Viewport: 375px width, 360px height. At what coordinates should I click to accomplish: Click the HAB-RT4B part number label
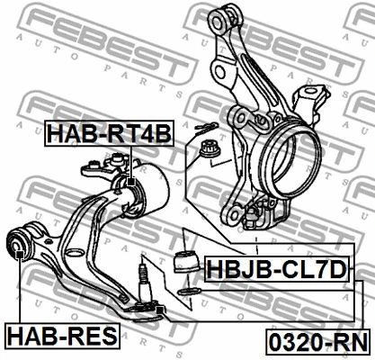pos(109,133)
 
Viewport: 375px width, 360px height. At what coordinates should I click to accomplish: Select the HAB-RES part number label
pos(62,336)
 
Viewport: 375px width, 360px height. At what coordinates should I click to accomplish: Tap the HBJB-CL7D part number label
pos(277,269)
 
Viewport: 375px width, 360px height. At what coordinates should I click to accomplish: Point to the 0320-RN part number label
pos(318,342)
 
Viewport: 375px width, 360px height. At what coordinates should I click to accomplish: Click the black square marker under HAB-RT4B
pos(131,182)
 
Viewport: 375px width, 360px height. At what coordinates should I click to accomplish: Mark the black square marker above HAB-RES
pos(20,255)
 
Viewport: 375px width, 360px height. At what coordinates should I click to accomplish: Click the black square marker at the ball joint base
pos(160,310)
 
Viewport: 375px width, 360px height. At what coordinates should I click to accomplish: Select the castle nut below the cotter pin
pos(210,148)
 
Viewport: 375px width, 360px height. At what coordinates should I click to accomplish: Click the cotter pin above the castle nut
pos(206,127)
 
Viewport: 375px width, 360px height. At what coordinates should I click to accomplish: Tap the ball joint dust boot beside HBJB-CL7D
pos(187,262)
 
